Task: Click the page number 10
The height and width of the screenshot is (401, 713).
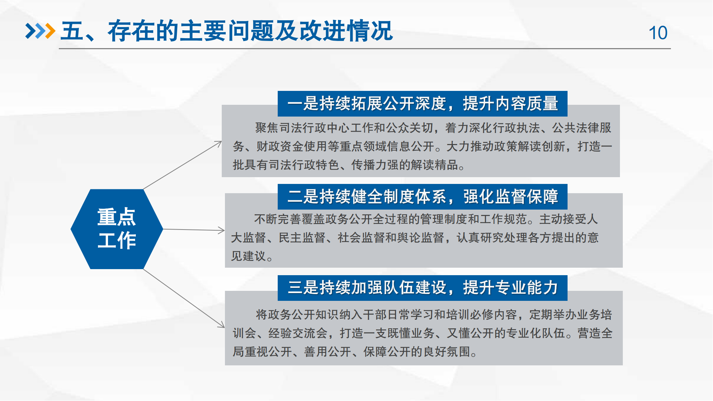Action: pos(658,33)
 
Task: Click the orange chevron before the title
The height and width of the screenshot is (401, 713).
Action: pos(50,31)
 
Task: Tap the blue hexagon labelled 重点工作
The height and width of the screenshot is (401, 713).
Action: pos(117,229)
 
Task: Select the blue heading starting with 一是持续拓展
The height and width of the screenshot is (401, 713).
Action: pos(422,104)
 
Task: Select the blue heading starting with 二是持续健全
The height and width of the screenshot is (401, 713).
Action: pos(422,197)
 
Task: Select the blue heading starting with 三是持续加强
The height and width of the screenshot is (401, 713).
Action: pos(422,288)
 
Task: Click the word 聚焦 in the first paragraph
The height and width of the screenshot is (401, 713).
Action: pos(267,128)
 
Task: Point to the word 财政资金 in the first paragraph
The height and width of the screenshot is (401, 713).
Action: pos(280,146)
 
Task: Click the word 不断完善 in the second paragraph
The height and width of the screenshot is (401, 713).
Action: pos(278,219)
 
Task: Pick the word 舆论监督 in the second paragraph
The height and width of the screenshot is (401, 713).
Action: pos(421,237)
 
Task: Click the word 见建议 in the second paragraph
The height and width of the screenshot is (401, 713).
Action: pos(248,256)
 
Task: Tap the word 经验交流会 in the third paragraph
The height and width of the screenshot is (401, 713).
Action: pos(298,333)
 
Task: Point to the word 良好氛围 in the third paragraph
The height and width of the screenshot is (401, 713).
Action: pos(447,351)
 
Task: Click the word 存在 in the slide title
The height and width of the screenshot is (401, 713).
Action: pos(131,31)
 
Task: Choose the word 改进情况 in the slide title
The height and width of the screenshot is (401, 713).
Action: pos(346,31)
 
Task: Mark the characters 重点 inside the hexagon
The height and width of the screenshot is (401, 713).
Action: pos(117,217)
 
